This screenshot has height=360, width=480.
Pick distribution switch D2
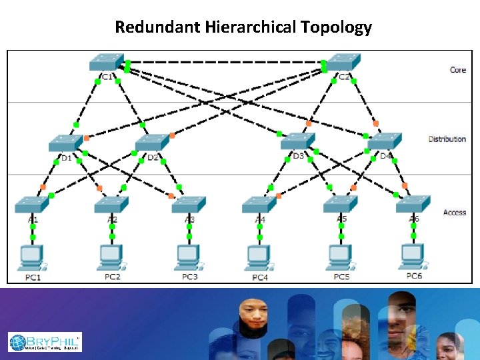click(152, 143)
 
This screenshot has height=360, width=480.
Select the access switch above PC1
click(32, 204)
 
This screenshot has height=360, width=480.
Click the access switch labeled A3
click(189, 204)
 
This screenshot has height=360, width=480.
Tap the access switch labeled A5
click(341, 204)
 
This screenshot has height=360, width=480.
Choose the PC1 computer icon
click(32, 255)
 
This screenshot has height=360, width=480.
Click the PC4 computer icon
click(259, 255)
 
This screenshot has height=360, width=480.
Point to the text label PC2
click(112, 277)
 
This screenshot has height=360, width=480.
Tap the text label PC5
click(341, 277)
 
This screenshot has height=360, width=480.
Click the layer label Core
click(457, 70)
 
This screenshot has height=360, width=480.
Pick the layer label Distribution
click(447, 139)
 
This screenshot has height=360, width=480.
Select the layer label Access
click(455, 213)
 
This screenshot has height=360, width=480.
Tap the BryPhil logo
click(45, 342)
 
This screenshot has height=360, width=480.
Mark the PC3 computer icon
click(189, 255)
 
